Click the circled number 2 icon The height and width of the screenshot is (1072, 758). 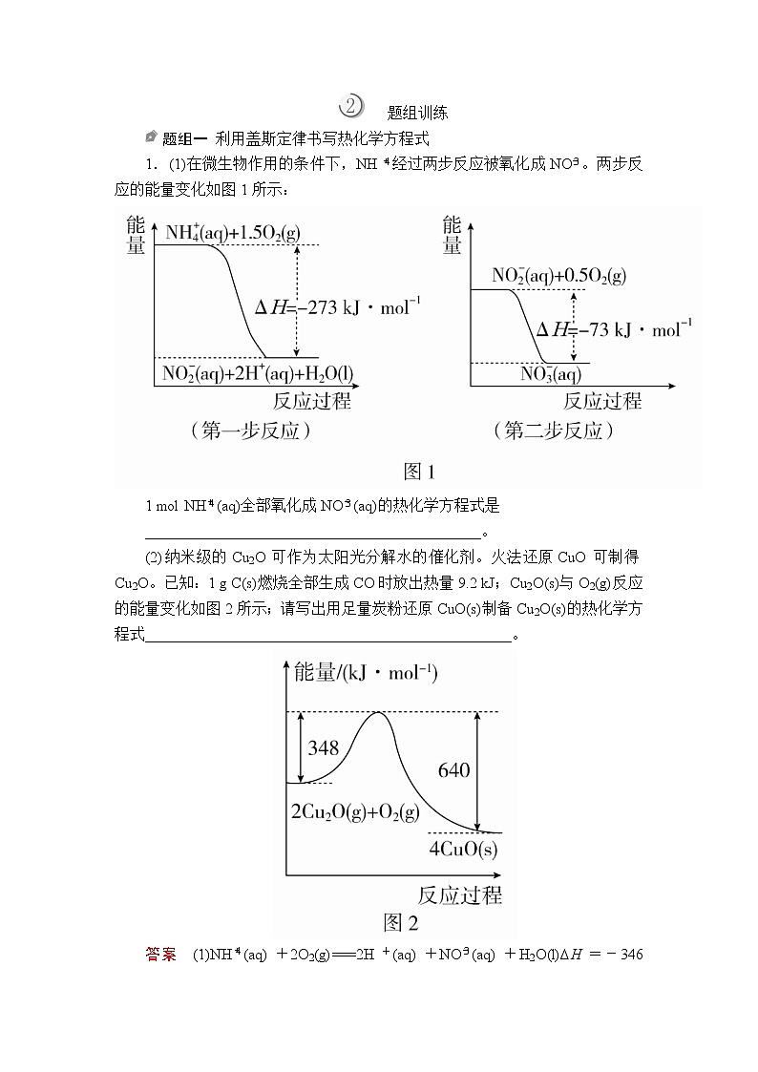tap(351, 106)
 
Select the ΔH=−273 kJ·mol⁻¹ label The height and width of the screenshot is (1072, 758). tap(338, 307)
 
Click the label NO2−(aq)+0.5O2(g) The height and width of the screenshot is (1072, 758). tap(558, 276)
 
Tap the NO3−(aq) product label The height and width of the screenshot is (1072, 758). tap(551, 373)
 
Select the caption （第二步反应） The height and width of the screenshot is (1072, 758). tap(554, 431)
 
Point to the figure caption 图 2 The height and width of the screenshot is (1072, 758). tap(401, 922)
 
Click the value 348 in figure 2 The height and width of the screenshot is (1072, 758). tap(324, 748)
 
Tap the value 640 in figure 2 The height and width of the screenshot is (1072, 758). tap(453, 769)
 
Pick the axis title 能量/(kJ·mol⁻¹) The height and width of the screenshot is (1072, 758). tap(366, 672)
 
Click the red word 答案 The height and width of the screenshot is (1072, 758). tap(161, 954)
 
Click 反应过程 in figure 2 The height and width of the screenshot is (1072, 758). tap(459, 894)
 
